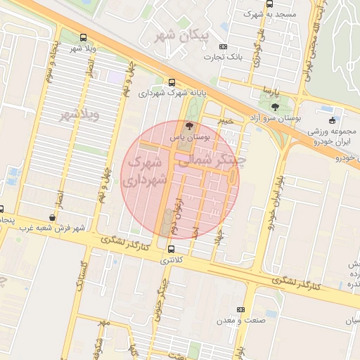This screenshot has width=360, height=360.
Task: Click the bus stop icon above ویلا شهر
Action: coord(84,37)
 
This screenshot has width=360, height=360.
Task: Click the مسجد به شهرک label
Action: coord(269,14)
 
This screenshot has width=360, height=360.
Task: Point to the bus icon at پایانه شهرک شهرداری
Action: coord(172,82)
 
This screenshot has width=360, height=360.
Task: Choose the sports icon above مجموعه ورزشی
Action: coord(332,120)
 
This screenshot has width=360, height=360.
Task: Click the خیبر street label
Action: coord(224,121)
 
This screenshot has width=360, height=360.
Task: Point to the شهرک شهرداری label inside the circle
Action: coord(145,172)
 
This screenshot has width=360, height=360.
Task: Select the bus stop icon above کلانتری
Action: coord(172,248)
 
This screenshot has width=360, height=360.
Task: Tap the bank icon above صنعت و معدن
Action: coord(242,309)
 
